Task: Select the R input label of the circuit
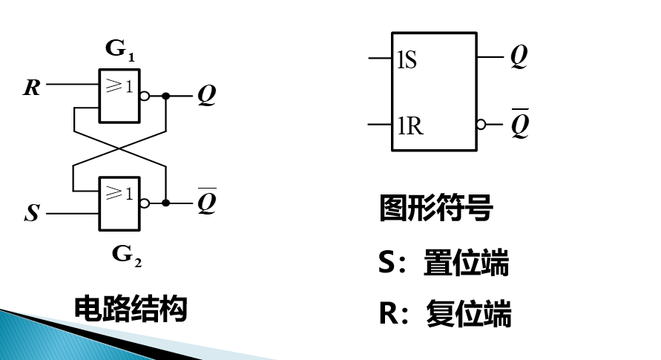(x=32, y=88)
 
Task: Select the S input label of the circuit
(x=32, y=214)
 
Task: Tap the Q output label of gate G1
(x=206, y=96)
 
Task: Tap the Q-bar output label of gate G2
(x=206, y=202)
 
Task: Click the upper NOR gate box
(x=119, y=96)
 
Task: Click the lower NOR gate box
(x=119, y=203)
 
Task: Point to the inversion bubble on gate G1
(x=145, y=96)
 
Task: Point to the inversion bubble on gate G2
(x=145, y=203)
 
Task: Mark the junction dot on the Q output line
(x=166, y=96)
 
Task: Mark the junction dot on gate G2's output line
(x=166, y=203)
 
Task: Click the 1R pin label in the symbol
(x=410, y=126)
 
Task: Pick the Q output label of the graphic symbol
(x=519, y=57)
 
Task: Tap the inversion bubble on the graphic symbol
(x=481, y=124)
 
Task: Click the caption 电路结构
(x=131, y=309)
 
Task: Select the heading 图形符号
(x=435, y=209)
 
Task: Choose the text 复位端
(x=468, y=314)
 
